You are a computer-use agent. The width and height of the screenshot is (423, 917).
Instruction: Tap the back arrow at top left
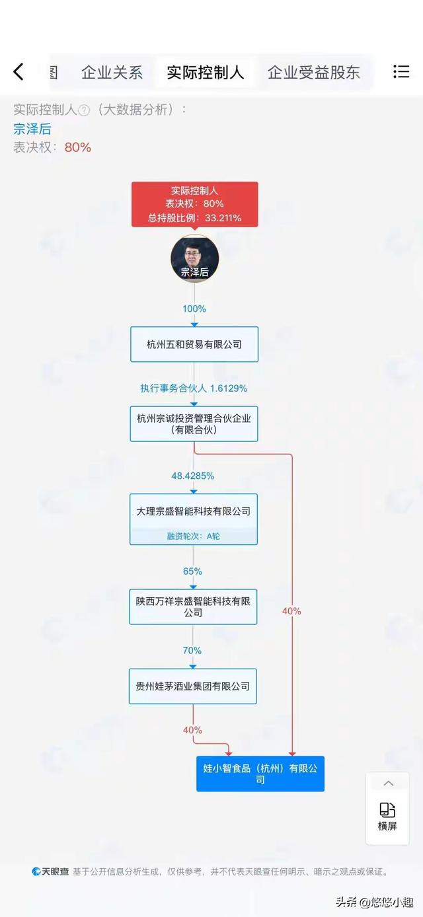tap(19, 71)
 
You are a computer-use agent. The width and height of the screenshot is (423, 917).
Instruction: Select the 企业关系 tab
tap(112, 73)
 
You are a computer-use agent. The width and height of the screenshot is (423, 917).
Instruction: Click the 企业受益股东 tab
tap(314, 73)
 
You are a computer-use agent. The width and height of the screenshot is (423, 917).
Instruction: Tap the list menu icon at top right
tap(401, 71)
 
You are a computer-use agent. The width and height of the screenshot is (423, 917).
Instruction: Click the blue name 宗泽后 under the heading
tap(32, 129)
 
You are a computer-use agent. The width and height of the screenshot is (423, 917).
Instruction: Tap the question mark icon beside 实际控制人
tap(84, 110)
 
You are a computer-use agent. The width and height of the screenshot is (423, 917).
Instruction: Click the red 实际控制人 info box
tap(194, 204)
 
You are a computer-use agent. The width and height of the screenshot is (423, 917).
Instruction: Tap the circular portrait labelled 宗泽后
tap(194, 259)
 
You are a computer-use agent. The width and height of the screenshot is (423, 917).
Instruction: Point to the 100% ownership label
tap(194, 309)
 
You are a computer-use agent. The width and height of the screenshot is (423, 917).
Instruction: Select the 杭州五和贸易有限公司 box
tap(194, 344)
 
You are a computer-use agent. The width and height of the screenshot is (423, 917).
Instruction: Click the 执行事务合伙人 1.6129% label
tap(194, 388)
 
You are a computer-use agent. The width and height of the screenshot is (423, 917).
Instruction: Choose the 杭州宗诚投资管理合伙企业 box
tap(194, 423)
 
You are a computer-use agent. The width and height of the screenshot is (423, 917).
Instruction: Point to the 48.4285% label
tap(193, 476)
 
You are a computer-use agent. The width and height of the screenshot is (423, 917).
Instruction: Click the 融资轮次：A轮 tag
tap(193, 536)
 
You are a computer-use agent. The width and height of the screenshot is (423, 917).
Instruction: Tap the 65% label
tap(192, 571)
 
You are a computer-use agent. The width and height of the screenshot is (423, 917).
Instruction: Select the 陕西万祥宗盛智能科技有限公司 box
tap(193, 606)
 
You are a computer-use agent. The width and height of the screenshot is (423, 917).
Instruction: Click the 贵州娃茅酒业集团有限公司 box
tap(193, 686)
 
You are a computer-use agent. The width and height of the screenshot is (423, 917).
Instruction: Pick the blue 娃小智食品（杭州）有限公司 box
tap(260, 774)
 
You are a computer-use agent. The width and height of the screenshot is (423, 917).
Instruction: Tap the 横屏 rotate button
tap(387, 817)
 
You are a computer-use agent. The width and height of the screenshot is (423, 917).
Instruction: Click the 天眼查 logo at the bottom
tap(50, 871)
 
